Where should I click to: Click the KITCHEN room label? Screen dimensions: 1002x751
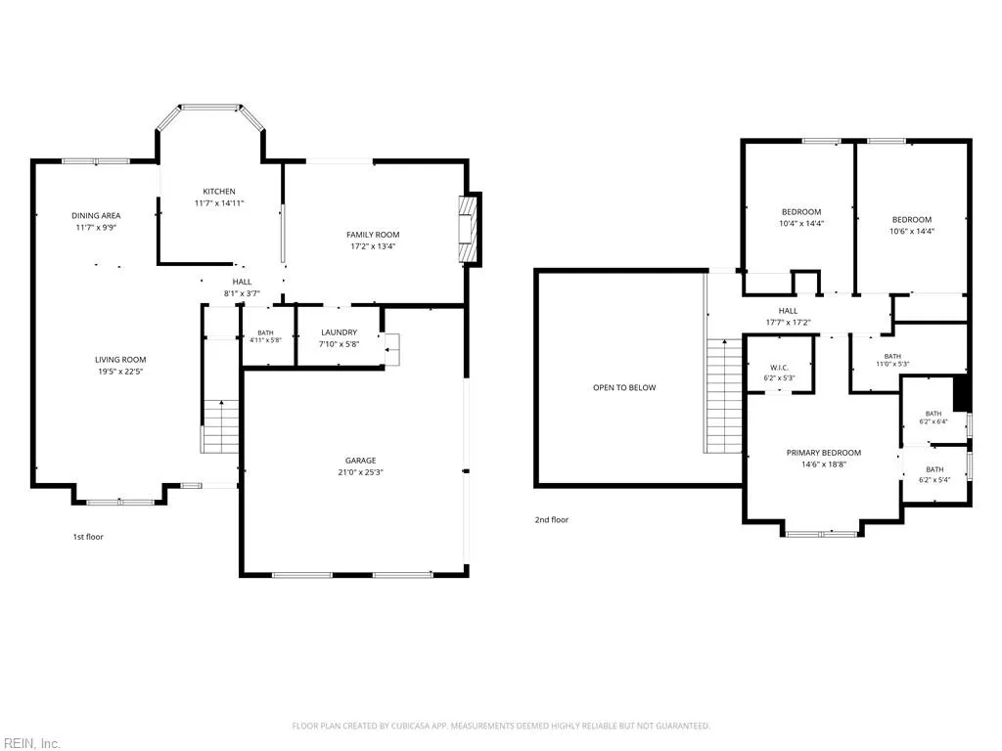pyautogui.click(x=219, y=192)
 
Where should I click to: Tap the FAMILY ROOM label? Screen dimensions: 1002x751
pyautogui.click(x=373, y=235)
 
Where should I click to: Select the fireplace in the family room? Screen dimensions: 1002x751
pyautogui.click(x=469, y=228)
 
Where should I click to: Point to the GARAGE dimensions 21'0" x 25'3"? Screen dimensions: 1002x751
pyautogui.click(x=360, y=472)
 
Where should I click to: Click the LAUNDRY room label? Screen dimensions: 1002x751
pyautogui.click(x=340, y=332)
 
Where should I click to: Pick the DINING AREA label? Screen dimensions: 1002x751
pyautogui.click(x=96, y=216)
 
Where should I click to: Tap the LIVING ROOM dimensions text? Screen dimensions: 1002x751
pyautogui.click(x=120, y=372)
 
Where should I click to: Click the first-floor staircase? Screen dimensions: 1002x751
pyautogui.click(x=220, y=426)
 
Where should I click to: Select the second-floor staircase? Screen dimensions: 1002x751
pyautogui.click(x=724, y=396)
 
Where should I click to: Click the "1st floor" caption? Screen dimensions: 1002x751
pyautogui.click(x=87, y=537)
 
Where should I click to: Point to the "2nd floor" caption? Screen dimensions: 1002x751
pyautogui.click(x=552, y=520)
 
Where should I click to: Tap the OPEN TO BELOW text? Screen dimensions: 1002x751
pyautogui.click(x=624, y=387)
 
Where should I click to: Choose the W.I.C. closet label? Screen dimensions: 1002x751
pyautogui.click(x=779, y=368)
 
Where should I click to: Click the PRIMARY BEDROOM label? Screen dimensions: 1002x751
pyautogui.click(x=824, y=453)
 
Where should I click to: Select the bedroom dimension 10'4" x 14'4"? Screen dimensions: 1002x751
pyautogui.click(x=801, y=224)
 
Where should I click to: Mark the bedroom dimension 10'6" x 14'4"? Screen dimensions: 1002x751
pyautogui.click(x=912, y=231)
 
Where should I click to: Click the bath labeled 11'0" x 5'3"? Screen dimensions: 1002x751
pyautogui.click(x=892, y=360)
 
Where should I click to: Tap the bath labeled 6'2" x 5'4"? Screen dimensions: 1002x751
pyautogui.click(x=934, y=474)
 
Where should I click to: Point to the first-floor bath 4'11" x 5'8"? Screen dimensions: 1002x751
pyautogui.click(x=265, y=336)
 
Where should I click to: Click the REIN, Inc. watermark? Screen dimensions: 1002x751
pyautogui.click(x=30, y=743)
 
